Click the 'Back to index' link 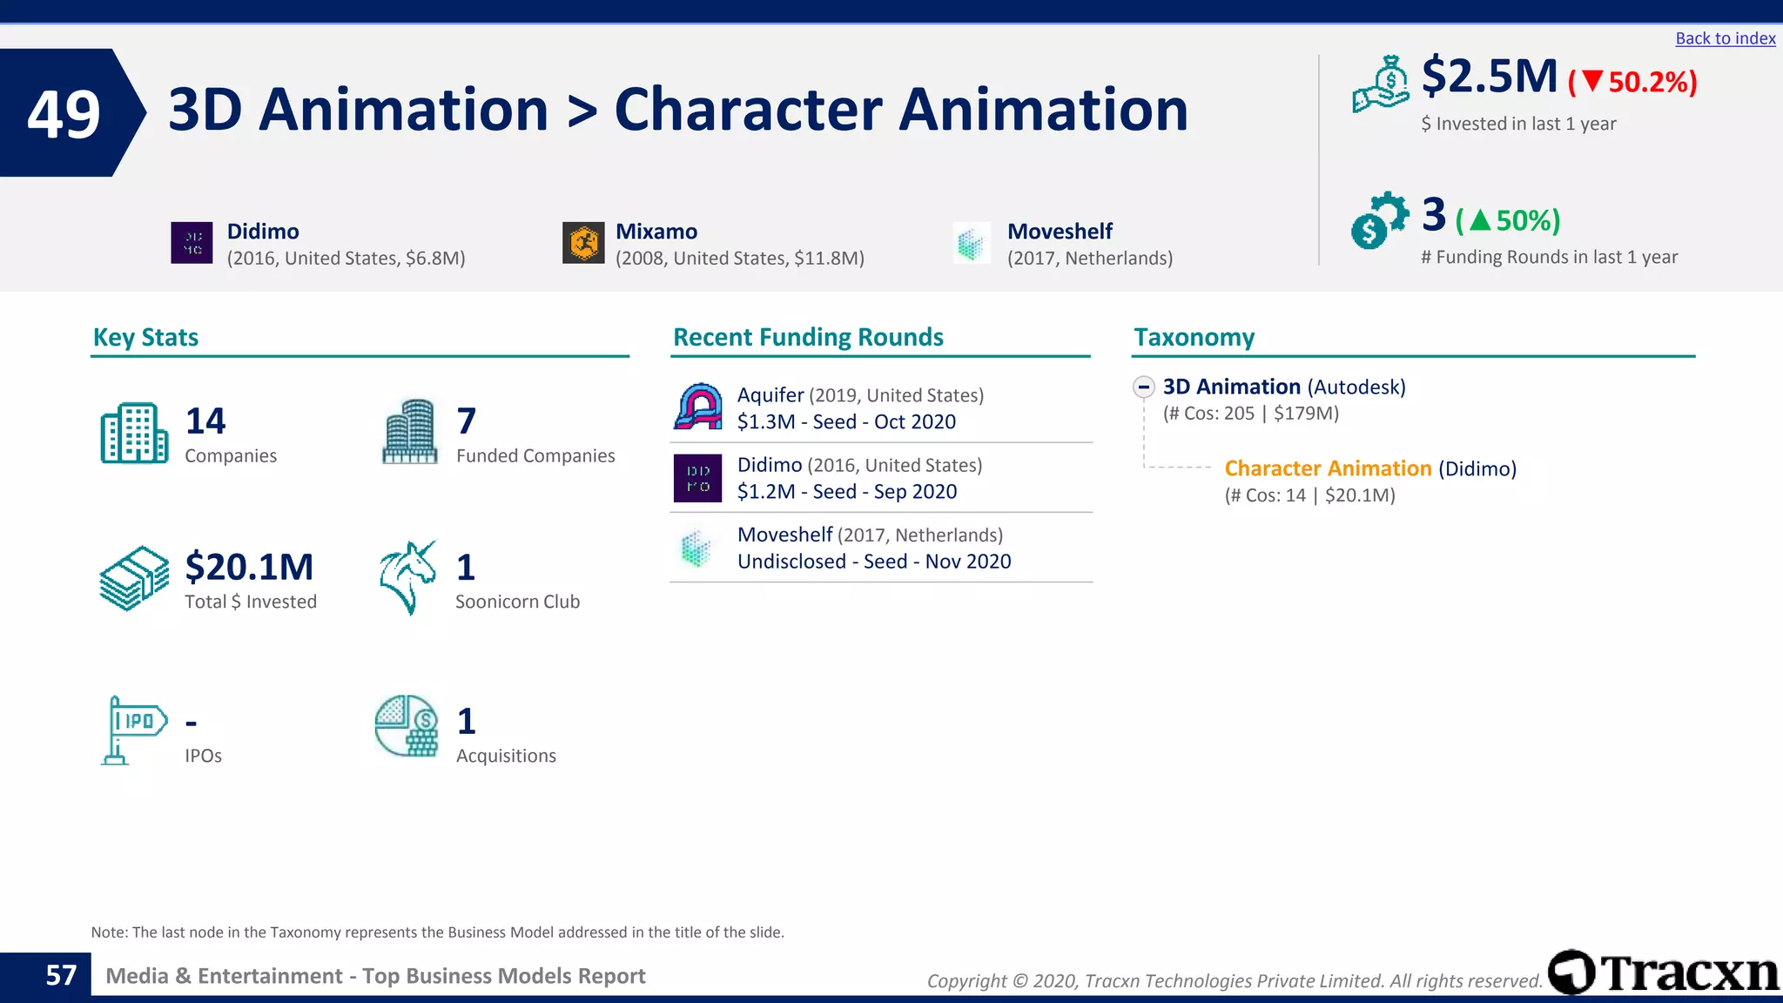click(x=1725, y=38)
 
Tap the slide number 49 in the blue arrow click(x=64, y=114)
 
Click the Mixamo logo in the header click(x=583, y=243)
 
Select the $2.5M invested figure click(x=1489, y=77)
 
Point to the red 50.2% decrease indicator click(x=1632, y=82)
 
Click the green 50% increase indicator click(x=1508, y=220)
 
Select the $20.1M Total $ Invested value click(x=249, y=568)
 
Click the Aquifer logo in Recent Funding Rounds click(x=698, y=407)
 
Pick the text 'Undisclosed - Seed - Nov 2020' click(x=874, y=562)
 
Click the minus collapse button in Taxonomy click(x=1144, y=387)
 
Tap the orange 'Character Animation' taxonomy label click(x=1328, y=468)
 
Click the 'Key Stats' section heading click(x=145, y=337)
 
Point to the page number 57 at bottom click(x=61, y=975)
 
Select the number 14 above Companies click(x=205, y=421)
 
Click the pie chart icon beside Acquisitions click(x=407, y=726)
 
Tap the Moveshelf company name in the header click(x=1060, y=232)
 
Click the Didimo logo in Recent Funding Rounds click(x=697, y=478)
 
